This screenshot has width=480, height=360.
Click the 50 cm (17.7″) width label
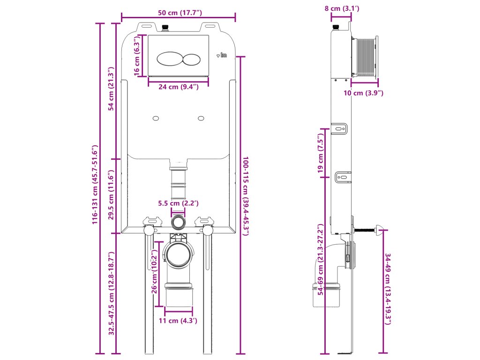point(178,12)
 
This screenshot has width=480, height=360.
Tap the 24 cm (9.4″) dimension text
point(178,87)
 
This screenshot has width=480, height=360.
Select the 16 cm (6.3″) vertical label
point(137,55)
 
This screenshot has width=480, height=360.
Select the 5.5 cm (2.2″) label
point(179,204)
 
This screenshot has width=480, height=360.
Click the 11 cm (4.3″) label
point(178,321)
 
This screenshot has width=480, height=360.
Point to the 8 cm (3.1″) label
point(341,8)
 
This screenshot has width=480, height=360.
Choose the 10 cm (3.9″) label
point(364,93)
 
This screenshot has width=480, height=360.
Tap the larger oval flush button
point(170,59)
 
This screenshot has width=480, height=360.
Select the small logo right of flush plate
point(222,56)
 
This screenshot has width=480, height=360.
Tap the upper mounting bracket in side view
point(341,128)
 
